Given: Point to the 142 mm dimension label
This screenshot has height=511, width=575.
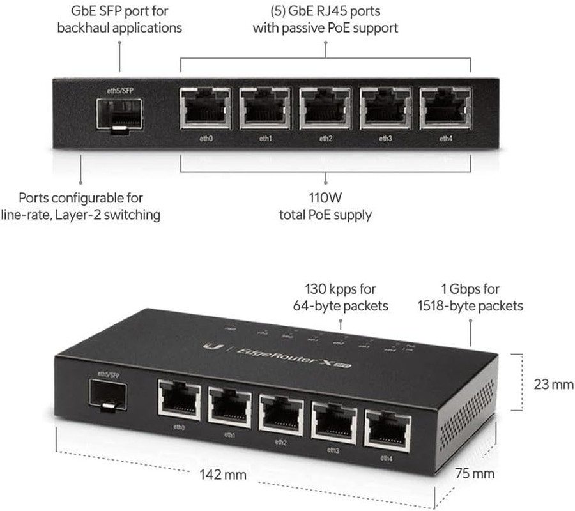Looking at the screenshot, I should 214,475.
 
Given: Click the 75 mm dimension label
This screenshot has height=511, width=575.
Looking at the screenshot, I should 475,473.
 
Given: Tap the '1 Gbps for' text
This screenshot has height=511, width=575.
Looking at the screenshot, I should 470,289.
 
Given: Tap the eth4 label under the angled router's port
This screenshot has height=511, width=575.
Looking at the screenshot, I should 386,457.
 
